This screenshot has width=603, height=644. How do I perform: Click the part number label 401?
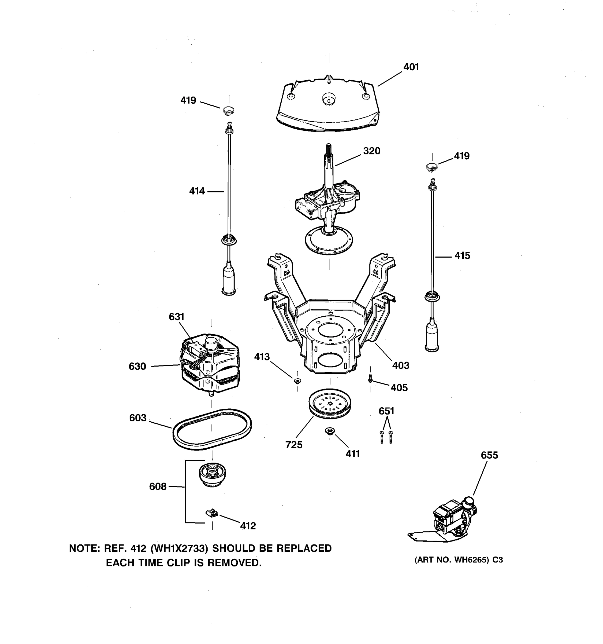tap(411, 67)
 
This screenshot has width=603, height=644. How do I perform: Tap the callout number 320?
tap(371, 151)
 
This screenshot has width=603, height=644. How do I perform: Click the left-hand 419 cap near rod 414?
tap(228, 111)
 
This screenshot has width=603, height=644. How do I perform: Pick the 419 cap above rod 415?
tap(431, 167)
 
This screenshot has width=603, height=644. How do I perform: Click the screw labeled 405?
tap(370, 378)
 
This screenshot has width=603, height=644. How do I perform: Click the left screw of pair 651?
tap(382, 437)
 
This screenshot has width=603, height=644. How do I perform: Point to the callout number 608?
tap(158, 486)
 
